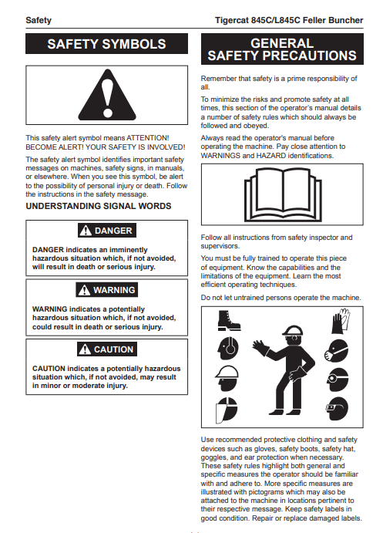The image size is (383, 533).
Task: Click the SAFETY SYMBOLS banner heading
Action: pos(106,44)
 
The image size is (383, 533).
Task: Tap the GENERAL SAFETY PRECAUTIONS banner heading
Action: pos(282,49)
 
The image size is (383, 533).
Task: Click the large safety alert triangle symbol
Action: pos(107,95)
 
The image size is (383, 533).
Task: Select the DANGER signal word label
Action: pos(107,231)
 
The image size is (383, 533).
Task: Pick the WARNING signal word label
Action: pos(107,290)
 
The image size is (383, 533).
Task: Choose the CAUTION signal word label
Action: pos(107,349)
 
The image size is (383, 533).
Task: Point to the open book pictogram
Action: pos(283,195)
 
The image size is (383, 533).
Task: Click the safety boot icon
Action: pos(229,321)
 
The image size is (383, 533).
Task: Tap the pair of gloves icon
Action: pos(340,321)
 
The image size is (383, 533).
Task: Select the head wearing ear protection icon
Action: pos(228,348)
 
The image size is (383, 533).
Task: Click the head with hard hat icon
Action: pos(227,378)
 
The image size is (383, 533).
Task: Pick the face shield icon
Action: pos(227,410)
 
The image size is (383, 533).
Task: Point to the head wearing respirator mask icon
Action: pos(336,351)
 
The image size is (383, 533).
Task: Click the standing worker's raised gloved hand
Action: pos(260,349)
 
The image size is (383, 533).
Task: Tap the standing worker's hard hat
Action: pos(292,330)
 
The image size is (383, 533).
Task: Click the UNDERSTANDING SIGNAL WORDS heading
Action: pos(99,206)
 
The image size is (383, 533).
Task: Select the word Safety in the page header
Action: pos(39,20)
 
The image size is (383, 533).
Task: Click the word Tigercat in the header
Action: pos(231,20)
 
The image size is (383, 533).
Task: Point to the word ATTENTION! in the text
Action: pos(148,138)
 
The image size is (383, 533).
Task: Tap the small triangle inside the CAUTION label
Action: pos(85,349)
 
